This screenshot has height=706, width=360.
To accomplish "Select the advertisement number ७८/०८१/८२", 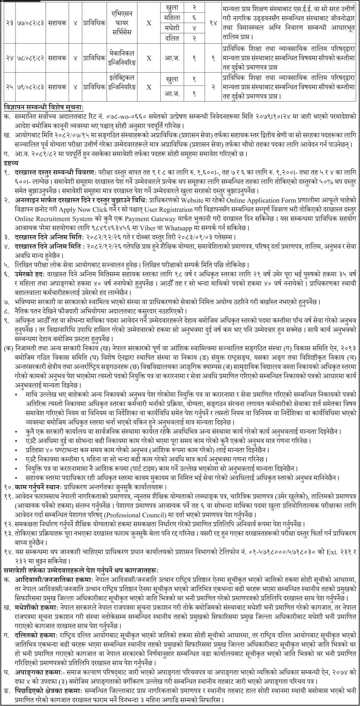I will [x=29, y=58].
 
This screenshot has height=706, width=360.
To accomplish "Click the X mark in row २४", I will [x=149, y=58].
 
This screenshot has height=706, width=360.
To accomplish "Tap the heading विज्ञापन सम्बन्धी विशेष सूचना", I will [x=42, y=107].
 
